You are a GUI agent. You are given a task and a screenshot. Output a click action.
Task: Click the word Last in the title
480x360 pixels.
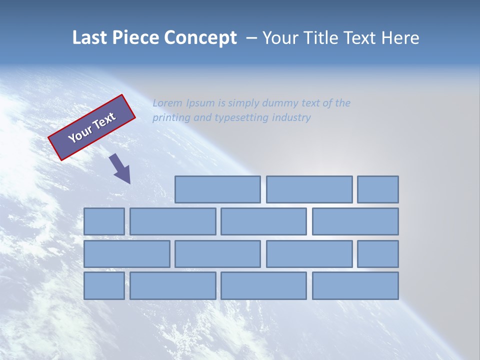point(90,38)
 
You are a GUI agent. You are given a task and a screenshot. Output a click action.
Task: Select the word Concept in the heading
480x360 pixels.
point(200,38)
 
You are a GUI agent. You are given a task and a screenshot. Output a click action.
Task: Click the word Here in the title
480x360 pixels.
point(400,38)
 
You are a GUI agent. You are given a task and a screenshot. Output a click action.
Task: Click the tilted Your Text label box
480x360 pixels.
point(92,127)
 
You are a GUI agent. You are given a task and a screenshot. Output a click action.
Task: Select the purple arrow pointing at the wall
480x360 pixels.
point(120,168)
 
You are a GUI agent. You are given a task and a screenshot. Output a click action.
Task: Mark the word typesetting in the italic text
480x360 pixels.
point(241,118)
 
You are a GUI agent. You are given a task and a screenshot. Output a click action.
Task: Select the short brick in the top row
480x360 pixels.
point(378,189)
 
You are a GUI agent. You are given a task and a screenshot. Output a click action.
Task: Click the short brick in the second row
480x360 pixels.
point(104,221)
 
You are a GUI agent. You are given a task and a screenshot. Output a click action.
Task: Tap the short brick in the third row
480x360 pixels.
point(378,254)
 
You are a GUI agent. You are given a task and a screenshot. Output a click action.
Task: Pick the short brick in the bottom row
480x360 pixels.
point(104,286)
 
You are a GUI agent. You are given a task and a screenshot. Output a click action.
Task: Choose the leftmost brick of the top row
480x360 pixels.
point(217,189)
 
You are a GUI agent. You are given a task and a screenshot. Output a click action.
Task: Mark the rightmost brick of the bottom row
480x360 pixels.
point(355,286)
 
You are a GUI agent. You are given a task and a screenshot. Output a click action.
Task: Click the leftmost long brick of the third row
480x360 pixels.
point(127,254)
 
